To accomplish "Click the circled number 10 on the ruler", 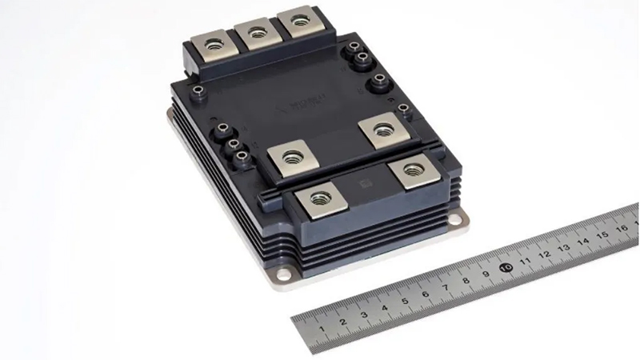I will (506, 267).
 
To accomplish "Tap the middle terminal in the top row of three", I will (257, 32).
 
